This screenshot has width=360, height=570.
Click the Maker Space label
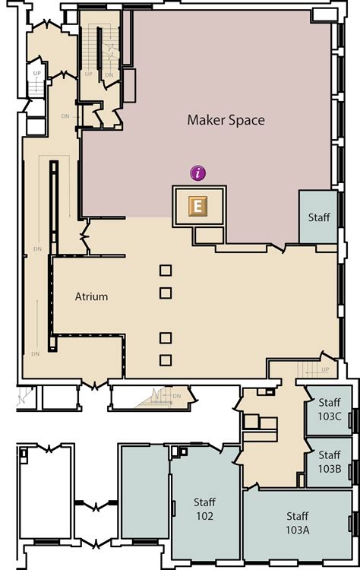tap(226, 120)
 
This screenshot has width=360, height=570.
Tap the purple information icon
tap(199, 173)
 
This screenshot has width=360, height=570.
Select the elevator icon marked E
tap(198, 205)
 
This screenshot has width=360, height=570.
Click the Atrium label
tap(91, 296)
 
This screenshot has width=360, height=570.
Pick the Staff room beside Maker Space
tap(318, 217)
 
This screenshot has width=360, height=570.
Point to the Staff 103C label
tap(329, 409)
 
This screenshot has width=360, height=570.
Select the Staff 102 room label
tap(204, 508)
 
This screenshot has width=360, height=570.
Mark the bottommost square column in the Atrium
tap(166, 360)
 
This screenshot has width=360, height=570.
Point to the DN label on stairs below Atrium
tap(177, 395)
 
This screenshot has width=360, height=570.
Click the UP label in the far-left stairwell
tap(36, 74)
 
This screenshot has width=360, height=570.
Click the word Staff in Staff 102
tap(204, 502)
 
